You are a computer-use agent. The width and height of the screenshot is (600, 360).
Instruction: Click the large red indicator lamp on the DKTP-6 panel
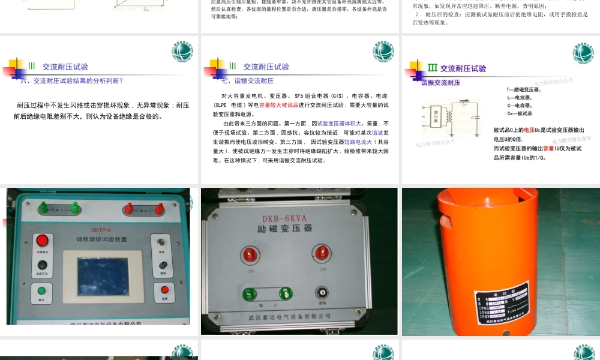pos(42,241)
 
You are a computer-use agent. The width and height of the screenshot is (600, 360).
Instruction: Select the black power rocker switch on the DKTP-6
pos(42,269)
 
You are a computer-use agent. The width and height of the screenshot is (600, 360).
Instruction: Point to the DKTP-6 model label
pos(100,229)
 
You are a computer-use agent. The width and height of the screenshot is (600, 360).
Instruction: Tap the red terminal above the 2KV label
pos(319,252)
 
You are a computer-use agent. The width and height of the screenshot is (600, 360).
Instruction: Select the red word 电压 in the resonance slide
pos(529,130)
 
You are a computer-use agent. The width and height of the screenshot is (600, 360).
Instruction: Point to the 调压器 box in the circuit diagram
pos(436,116)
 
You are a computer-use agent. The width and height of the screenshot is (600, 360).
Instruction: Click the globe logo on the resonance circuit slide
pos(583,53)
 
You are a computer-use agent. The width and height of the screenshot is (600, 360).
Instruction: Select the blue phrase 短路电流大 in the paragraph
pos(356,142)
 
